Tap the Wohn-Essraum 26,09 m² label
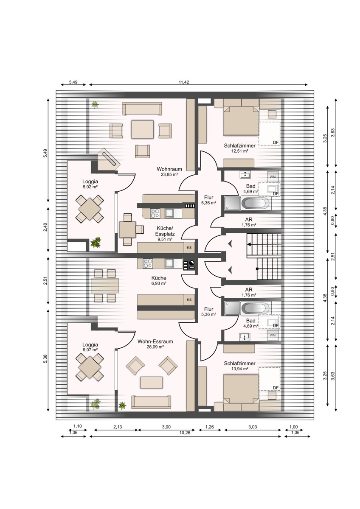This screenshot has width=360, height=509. [155, 344]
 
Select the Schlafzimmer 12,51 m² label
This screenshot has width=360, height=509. [239, 148]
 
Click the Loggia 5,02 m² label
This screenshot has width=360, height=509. [90, 184]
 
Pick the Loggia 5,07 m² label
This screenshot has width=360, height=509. [90, 347]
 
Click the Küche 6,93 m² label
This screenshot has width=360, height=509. [159, 280]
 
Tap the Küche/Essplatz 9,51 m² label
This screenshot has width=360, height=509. [165, 233]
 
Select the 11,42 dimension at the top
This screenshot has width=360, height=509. [184, 82]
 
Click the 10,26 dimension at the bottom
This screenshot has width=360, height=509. [185, 433]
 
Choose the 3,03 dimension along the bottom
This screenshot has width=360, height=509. [253, 427]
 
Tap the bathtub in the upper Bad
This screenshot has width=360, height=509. [256, 202]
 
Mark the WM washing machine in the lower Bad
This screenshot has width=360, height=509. [273, 335]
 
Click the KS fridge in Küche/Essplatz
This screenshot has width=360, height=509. [189, 248]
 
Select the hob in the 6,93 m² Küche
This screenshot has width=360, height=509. [148, 263]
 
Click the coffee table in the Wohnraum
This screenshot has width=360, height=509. [142, 129]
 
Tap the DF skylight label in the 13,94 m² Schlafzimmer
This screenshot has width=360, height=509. [276, 388]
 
